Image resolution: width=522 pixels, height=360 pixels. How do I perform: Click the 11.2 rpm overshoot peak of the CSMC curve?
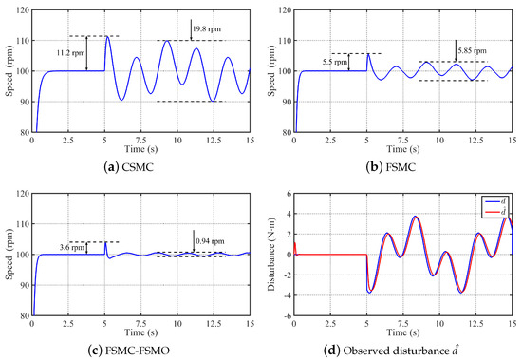coord(107,37)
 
